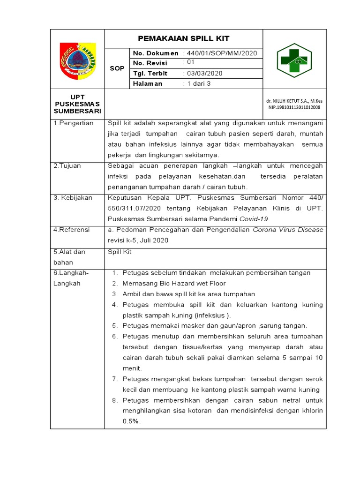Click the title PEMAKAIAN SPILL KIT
(x=183, y=38)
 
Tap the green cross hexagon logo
(x=294, y=60)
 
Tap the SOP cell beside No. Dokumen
(x=117, y=68)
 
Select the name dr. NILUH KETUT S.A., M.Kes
(x=294, y=101)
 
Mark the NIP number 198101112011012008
(x=294, y=107)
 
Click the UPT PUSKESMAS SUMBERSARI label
(x=77, y=104)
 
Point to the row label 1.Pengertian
(x=74, y=123)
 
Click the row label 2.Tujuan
(x=69, y=166)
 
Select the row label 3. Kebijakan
(x=73, y=198)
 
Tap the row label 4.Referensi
(x=72, y=230)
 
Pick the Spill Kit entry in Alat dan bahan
(x=120, y=252)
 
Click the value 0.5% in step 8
(x=131, y=421)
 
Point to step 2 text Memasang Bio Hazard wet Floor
(x=174, y=284)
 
